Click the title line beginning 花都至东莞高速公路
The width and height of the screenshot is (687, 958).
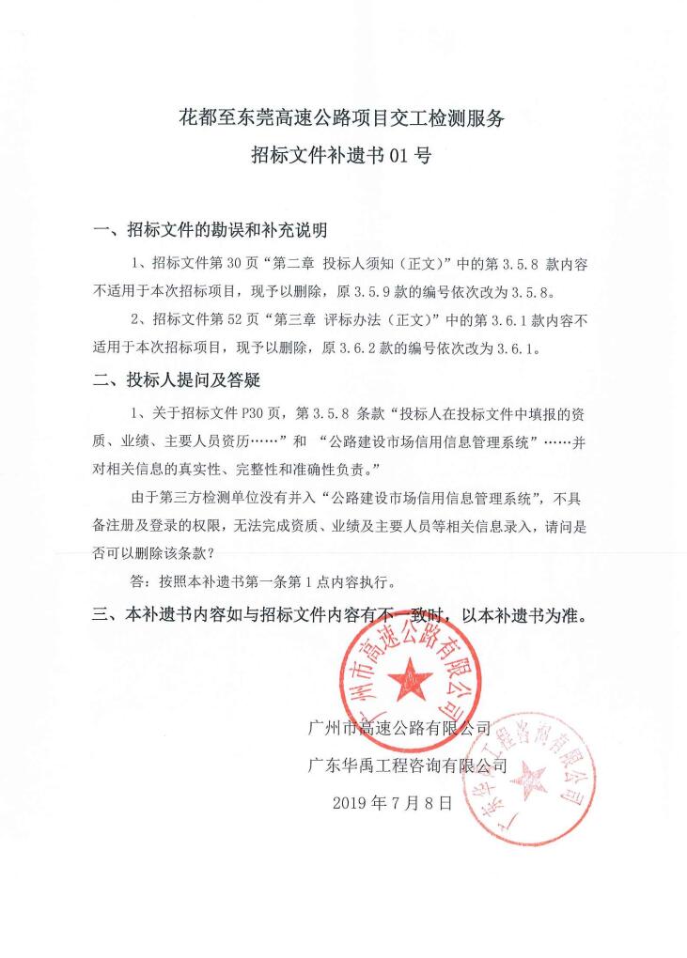(343, 119)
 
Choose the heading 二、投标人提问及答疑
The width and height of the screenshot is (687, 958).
(176, 379)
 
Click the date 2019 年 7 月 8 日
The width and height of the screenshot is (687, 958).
(393, 803)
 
